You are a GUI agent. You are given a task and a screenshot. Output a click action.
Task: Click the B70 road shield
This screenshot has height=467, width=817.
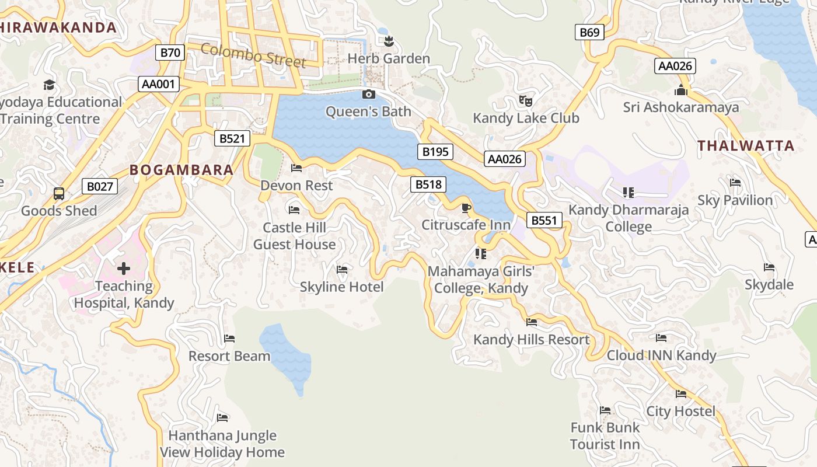[x=170, y=53]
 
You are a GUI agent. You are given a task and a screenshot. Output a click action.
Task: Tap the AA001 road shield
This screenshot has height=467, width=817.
[x=159, y=84]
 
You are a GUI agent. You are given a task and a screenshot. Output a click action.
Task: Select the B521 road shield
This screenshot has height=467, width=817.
[x=232, y=138]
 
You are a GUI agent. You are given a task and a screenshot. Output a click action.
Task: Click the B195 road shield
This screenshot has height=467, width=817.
[x=435, y=152]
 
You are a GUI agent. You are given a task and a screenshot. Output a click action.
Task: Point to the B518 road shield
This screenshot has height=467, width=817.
[x=428, y=185]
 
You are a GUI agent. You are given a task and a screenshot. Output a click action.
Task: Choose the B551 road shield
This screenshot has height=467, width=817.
[x=544, y=220]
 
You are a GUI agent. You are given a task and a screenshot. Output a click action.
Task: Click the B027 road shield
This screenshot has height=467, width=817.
[x=100, y=186]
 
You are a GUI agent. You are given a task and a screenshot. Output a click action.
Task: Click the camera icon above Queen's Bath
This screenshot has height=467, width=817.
[x=368, y=94]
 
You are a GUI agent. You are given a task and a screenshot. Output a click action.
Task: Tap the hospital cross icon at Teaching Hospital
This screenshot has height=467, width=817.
[x=123, y=269]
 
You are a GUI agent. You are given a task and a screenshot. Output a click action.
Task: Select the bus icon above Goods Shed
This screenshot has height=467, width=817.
[x=59, y=193]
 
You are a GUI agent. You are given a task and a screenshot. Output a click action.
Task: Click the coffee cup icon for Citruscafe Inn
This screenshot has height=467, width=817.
[x=466, y=208]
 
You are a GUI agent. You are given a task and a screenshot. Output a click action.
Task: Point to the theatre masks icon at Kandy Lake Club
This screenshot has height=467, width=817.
[x=526, y=101]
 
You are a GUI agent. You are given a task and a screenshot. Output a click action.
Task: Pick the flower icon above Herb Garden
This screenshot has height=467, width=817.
[x=389, y=41]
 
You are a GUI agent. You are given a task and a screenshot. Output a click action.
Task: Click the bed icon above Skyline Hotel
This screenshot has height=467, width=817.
[x=342, y=270]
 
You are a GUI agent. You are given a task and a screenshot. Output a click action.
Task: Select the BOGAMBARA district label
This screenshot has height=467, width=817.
[x=181, y=170]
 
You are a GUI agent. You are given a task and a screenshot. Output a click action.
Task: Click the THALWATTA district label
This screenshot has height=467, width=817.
[x=746, y=146]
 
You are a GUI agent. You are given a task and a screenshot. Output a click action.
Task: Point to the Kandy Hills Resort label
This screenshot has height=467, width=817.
[x=531, y=340]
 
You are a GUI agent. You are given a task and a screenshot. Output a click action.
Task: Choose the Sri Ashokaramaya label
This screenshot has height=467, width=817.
[x=681, y=107]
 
